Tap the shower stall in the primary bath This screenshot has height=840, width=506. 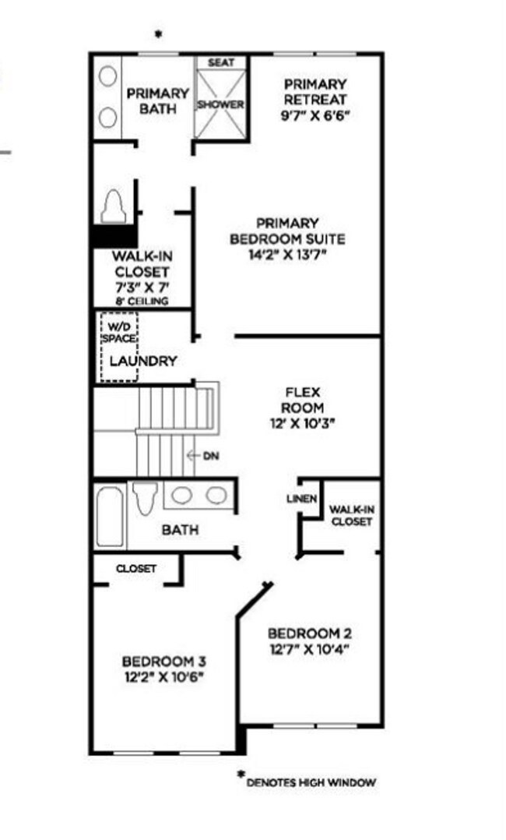(x=220, y=105)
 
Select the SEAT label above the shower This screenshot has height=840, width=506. (x=220, y=62)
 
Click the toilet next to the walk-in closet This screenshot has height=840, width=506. (x=114, y=207)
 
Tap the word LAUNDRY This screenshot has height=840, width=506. (x=142, y=362)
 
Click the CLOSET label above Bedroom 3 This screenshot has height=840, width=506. (x=136, y=569)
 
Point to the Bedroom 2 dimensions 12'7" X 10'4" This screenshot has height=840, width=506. (x=314, y=648)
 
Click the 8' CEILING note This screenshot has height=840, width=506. (x=141, y=301)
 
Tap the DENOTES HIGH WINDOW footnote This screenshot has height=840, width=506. (x=311, y=782)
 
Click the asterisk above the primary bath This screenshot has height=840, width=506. (x=159, y=34)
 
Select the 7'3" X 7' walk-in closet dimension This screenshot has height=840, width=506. (x=140, y=287)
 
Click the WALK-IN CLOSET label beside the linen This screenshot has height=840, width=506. (x=351, y=515)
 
